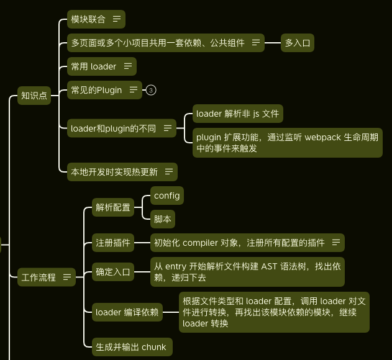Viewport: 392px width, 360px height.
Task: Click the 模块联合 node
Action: (88, 19)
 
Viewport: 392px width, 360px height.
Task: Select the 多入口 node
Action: (297, 43)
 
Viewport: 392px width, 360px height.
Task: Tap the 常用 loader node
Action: (93, 66)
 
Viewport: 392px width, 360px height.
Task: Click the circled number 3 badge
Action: (151, 90)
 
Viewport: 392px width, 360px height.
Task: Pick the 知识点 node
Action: (34, 96)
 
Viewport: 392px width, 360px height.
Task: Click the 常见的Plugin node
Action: (96, 90)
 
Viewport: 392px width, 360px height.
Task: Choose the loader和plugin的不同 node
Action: (113, 128)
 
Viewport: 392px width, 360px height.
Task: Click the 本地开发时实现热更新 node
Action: (114, 172)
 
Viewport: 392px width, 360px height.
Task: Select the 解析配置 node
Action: (113, 208)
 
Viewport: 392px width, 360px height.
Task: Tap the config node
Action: (166, 196)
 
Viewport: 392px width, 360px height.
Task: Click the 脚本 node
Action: (163, 219)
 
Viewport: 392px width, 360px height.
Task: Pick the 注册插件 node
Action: (113, 243)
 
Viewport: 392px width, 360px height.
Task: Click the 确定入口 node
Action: (113, 272)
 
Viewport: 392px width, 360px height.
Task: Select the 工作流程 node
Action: (39, 277)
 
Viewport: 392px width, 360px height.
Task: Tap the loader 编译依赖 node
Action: (127, 312)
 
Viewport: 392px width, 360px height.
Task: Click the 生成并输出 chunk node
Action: (130, 347)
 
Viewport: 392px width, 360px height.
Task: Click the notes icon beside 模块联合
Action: (117, 19)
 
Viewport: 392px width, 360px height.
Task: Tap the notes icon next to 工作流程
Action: (67, 277)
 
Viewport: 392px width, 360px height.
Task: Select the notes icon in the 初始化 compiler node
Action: (336, 243)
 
